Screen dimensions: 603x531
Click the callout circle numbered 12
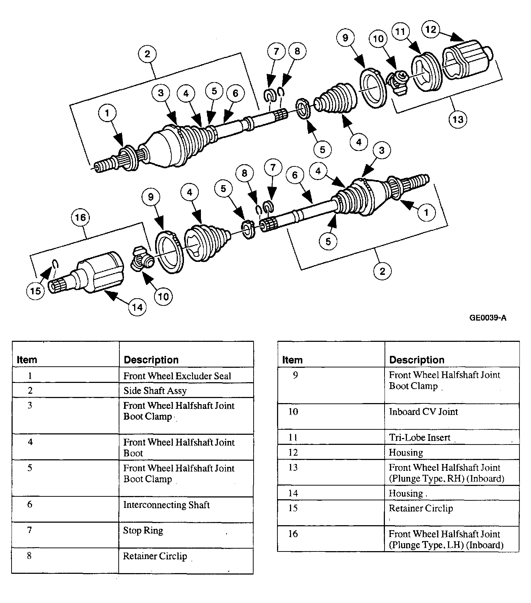(x=431, y=30)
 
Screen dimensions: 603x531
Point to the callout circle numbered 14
(x=137, y=307)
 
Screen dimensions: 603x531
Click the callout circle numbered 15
(x=36, y=291)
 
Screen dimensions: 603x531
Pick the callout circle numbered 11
(x=400, y=32)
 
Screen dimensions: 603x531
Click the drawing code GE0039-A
(x=488, y=318)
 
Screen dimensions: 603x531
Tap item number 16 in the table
(x=293, y=534)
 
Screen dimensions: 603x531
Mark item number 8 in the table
(x=29, y=556)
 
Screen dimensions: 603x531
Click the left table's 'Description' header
(x=151, y=360)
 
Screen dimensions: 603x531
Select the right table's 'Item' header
(x=292, y=360)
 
